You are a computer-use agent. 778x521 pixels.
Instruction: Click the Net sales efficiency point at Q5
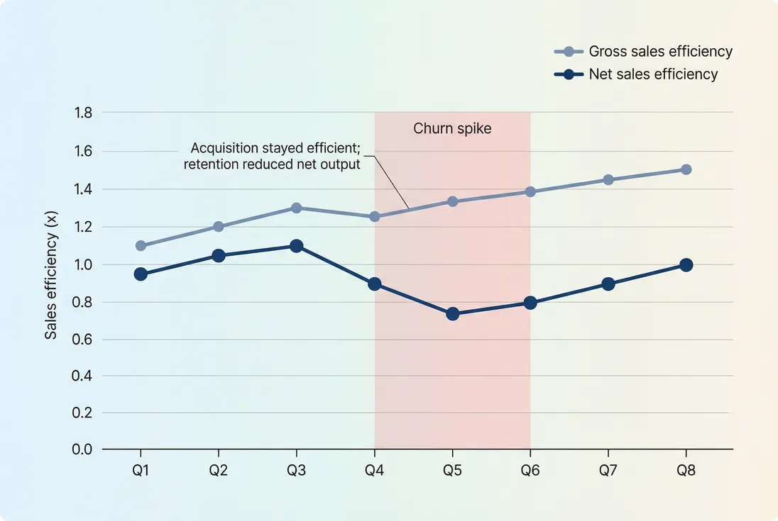click(452, 313)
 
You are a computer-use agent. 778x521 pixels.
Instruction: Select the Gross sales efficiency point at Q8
click(686, 169)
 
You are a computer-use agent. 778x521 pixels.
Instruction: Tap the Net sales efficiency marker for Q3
click(297, 246)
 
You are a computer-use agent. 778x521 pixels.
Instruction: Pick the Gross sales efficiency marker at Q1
click(141, 246)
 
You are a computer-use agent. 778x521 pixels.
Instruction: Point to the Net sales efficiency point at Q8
click(686, 265)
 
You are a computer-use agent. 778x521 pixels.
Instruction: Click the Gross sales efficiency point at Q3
click(297, 208)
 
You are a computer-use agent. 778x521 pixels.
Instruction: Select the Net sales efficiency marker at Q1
click(141, 274)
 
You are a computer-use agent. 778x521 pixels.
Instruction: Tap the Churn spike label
click(452, 129)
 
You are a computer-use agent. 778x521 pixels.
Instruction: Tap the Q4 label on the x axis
click(374, 470)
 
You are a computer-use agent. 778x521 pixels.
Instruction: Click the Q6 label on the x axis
click(530, 470)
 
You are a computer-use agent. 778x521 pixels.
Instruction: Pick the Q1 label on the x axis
click(141, 470)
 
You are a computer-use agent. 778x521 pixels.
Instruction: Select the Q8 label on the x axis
click(686, 470)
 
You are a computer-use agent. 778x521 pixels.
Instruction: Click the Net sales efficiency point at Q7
click(608, 284)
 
